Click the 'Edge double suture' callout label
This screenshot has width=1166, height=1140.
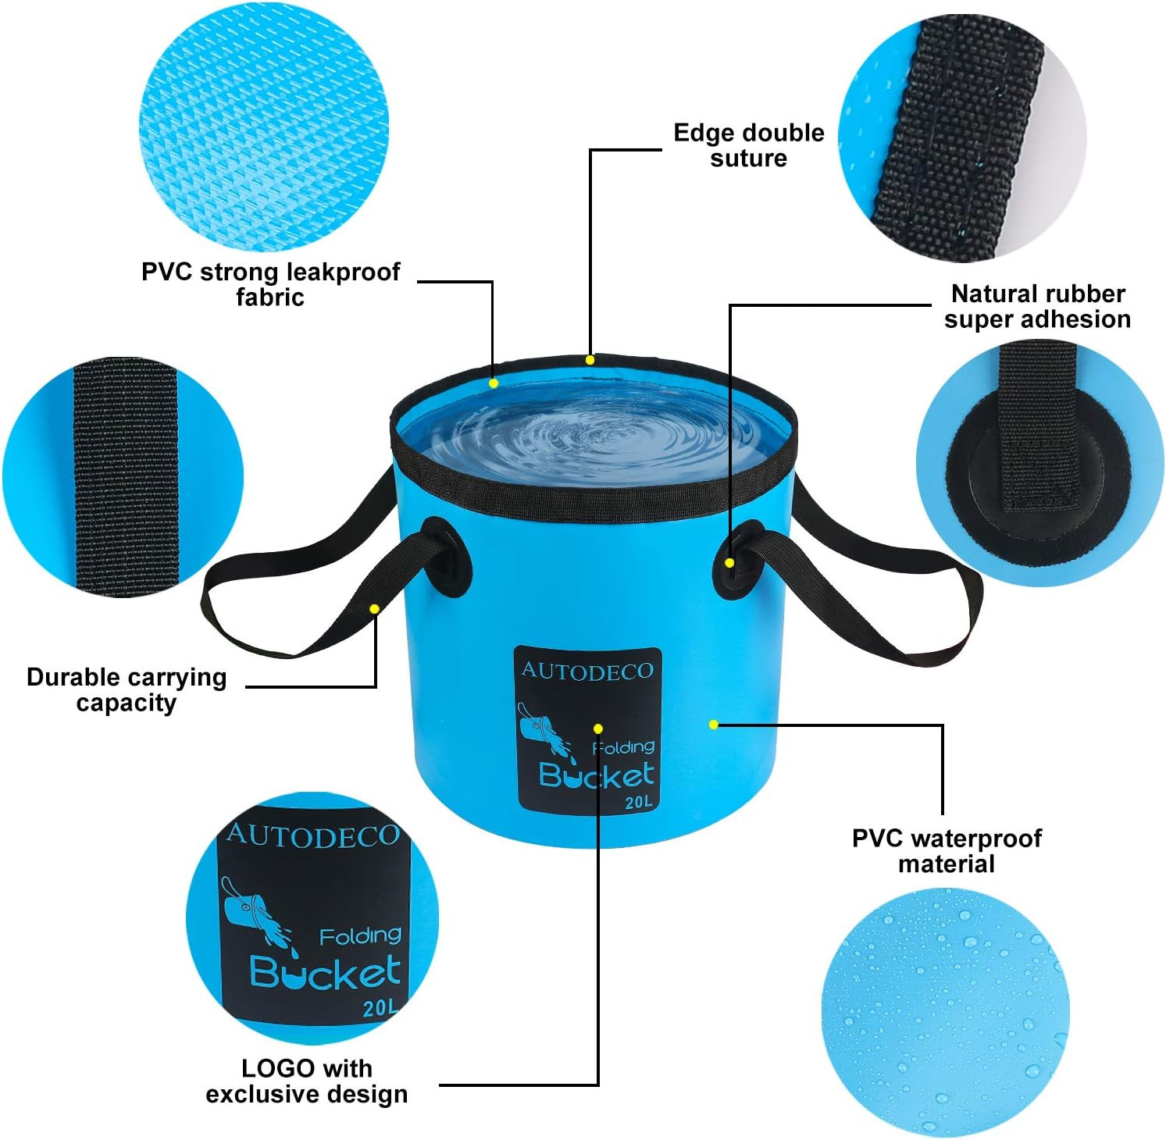(x=748, y=145)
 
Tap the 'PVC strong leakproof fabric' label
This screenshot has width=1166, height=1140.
(x=270, y=284)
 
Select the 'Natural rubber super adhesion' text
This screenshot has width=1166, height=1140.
(x=1037, y=306)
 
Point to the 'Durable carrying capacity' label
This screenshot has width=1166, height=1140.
(x=127, y=689)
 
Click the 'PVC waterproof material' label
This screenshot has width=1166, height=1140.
(x=947, y=850)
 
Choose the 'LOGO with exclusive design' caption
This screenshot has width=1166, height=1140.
(x=307, y=1081)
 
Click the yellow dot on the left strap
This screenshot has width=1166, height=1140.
(x=375, y=608)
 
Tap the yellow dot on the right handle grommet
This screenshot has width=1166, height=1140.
(x=729, y=562)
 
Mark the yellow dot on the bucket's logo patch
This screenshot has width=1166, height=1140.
(x=597, y=729)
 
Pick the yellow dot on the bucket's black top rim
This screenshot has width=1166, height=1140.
(x=590, y=360)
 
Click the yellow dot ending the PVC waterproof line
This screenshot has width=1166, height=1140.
(x=713, y=725)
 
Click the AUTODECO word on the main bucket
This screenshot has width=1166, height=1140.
(x=587, y=671)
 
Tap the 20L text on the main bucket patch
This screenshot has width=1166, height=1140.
(x=638, y=802)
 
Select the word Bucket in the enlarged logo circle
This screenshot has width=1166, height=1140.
(x=325, y=972)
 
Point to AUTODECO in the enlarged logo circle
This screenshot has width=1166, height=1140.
(x=312, y=836)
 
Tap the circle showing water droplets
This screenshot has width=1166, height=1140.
(x=945, y=1012)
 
